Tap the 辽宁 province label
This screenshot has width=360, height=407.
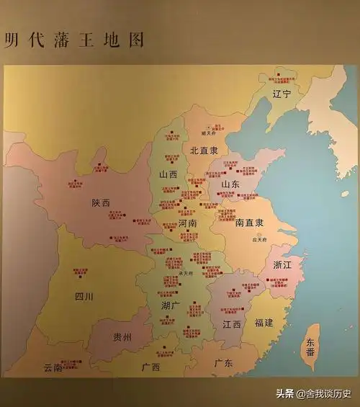click(x=282, y=94)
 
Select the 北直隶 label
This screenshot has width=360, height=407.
click(x=204, y=151)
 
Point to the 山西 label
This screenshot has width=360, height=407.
click(x=168, y=174)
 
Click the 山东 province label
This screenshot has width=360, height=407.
click(x=230, y=184)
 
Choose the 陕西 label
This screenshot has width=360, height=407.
click(x=101, y=203)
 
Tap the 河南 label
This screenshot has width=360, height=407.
click(x=187, y=223)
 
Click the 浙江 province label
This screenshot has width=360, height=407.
click(x=282, y=264)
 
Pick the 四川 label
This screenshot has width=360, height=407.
click(x=84, y=296)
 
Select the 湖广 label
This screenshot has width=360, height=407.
click(x=171, y=305)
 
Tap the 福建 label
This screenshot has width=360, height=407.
click(x=264, y=322)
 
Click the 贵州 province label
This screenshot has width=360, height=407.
click(x=122, y=337)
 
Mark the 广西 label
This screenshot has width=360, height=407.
click(x=150, y=367)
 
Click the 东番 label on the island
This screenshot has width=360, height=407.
click(x=310, y=348)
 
